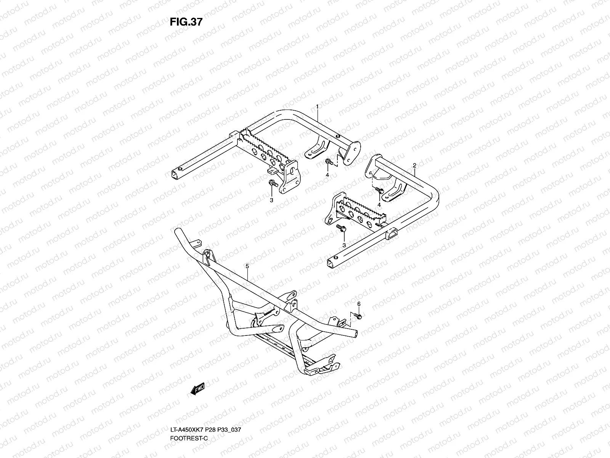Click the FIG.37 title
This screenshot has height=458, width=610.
tap(186, 22)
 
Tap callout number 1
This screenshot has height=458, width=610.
tap(317, 106)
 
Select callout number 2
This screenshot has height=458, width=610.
tap(414, 166)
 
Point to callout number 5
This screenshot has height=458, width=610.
tap(247, 266)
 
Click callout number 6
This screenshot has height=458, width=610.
tap(359, 304)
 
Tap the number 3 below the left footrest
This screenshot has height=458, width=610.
tap(271, 200)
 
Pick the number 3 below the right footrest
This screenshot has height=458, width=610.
tap(344, 245)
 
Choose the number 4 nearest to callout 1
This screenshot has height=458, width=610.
tap(327, 175)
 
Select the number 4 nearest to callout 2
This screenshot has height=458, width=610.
tap(379, 205)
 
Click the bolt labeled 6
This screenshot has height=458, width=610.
tap(358, 316)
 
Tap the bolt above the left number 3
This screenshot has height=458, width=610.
tap(273, 183)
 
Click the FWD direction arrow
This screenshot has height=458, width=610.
tap(198, 389)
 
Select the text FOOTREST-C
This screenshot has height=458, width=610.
tap(189, 438)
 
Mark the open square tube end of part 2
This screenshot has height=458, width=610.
tap(330, 263)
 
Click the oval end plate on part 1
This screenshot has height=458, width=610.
tap(351, 153)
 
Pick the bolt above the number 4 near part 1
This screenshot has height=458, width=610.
tap(329, 161)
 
